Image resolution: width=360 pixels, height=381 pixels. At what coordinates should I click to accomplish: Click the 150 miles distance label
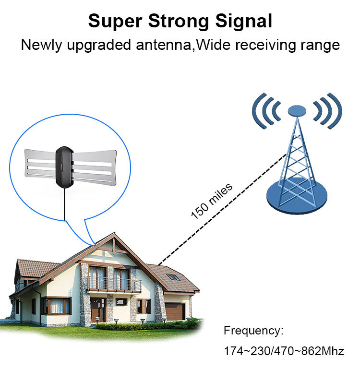tap(212, 201)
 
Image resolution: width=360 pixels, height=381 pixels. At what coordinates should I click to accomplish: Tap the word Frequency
tap(254, 331)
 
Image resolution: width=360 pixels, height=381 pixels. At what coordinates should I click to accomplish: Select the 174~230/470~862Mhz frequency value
tap(284, 351)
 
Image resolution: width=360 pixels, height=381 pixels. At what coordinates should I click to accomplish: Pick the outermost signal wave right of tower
tap(337, 109)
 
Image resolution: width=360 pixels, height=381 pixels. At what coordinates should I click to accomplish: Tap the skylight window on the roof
tap(173, 277)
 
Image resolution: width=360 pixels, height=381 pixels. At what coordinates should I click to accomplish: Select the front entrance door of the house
tap(98, 310)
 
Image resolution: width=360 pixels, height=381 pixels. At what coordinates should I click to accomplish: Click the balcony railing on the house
tap(112, 285)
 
